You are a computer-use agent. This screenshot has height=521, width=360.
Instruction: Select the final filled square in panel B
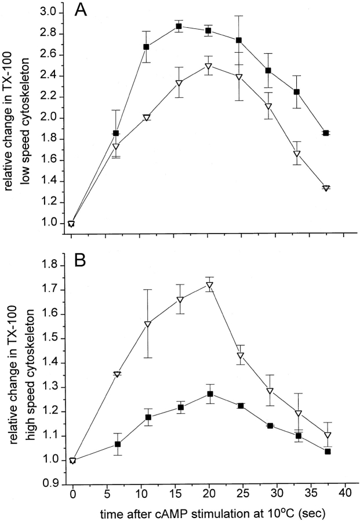328,451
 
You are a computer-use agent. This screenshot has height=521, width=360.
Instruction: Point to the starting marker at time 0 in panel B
72,460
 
